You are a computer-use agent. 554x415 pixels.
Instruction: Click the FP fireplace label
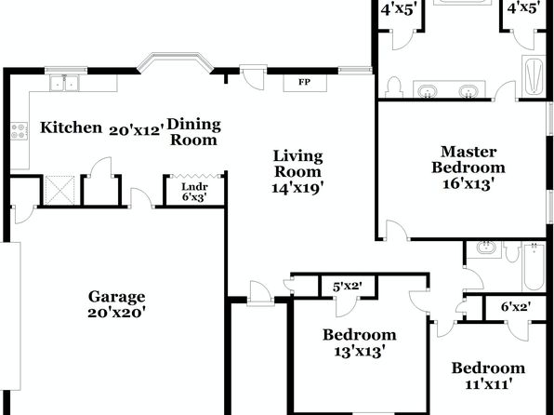point(305,83)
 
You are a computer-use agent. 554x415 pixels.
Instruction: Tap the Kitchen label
point(71,127)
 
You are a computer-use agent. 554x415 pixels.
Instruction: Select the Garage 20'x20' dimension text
point(116,313)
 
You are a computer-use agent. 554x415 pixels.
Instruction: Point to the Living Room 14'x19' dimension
point(297,188)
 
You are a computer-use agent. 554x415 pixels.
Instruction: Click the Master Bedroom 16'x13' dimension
point(468,184)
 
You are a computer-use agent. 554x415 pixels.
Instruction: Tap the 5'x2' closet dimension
point(348,286)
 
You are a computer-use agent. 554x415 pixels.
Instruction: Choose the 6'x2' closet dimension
point(516,306)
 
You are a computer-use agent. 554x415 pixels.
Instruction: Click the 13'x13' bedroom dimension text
point(360,352)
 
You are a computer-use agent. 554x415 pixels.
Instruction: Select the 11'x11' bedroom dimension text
point(489,384)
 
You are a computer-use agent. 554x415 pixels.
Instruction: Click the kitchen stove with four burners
point(19,131)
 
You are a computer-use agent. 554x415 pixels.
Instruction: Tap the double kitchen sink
point(64,83)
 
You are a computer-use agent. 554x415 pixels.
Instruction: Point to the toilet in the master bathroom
point(393,87)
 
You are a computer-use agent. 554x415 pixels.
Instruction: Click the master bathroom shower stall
point(534,76)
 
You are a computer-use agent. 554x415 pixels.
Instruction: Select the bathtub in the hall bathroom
point(534,266)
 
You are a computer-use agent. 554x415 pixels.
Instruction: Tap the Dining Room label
point(194,132)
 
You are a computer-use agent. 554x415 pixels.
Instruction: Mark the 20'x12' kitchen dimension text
point(137,130)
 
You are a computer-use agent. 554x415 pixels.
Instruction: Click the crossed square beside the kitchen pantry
point(60,190)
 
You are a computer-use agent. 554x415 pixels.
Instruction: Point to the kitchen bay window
point(176,62)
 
